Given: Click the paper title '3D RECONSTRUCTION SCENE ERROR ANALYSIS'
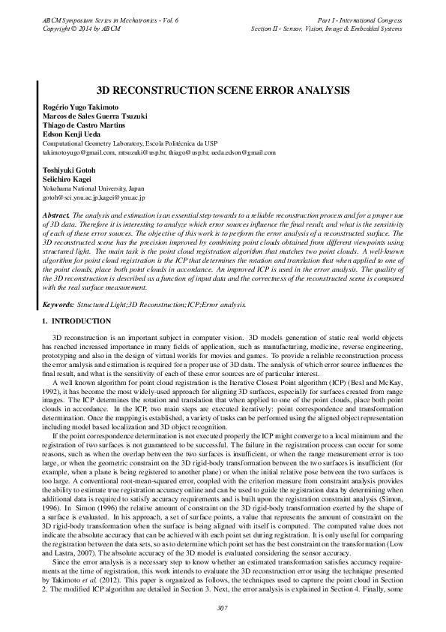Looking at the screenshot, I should click(223, 89).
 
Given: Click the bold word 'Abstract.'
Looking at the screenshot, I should click(56, 215).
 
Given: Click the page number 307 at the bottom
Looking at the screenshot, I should click(223, 608).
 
